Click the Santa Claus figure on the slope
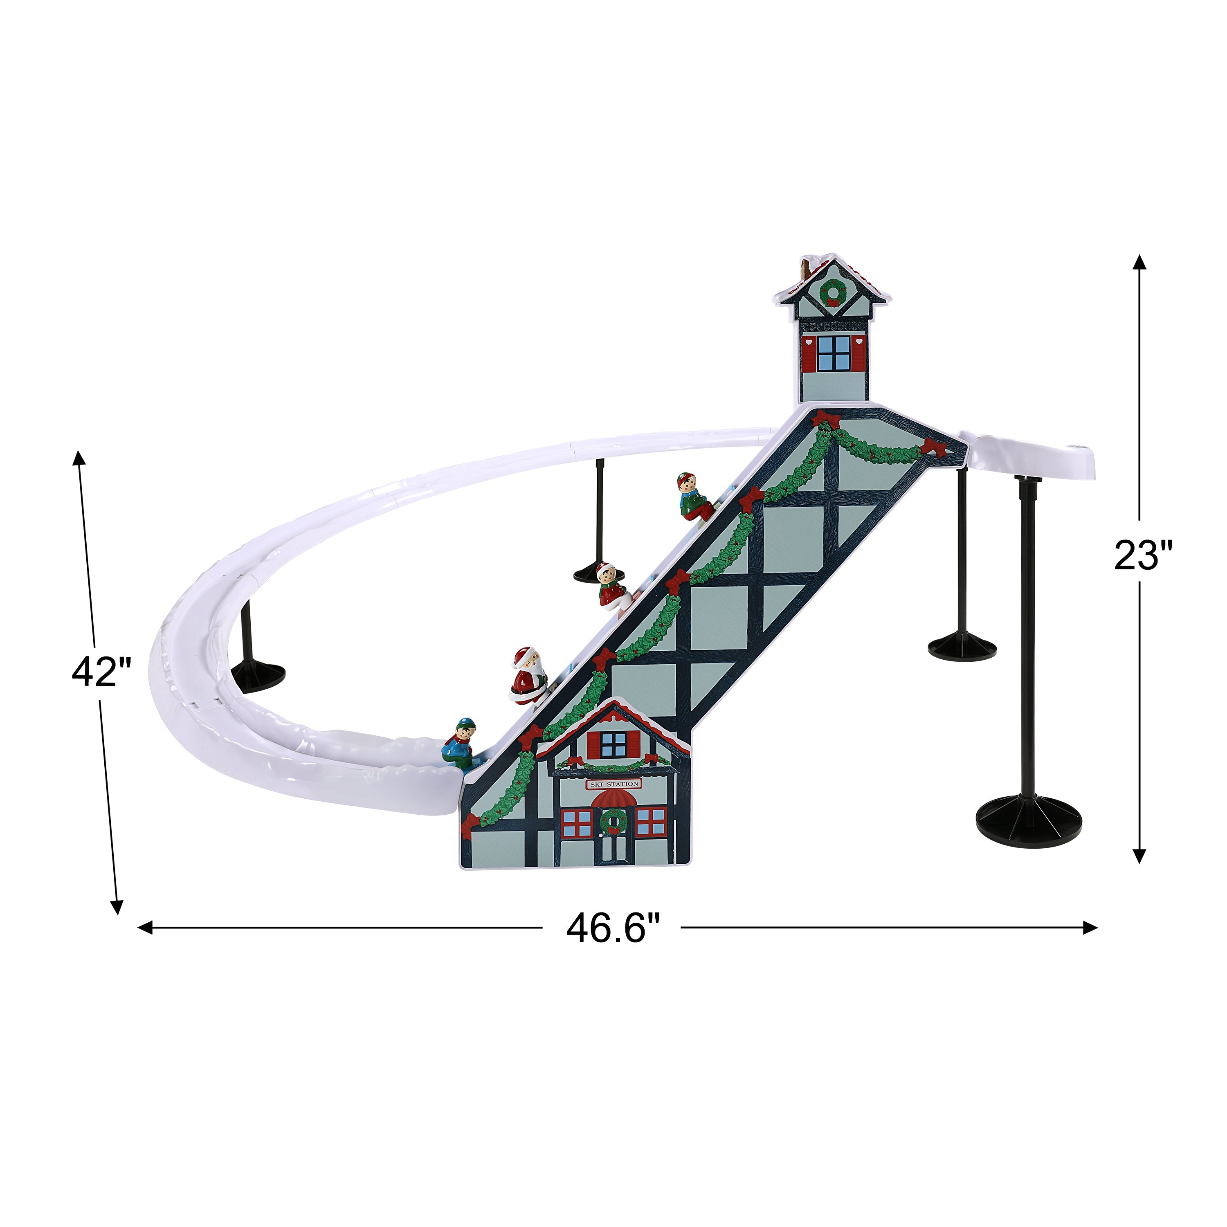[x=528, y=675]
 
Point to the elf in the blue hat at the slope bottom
[x=461, y=741]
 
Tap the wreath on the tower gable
[x=833, y=292]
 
